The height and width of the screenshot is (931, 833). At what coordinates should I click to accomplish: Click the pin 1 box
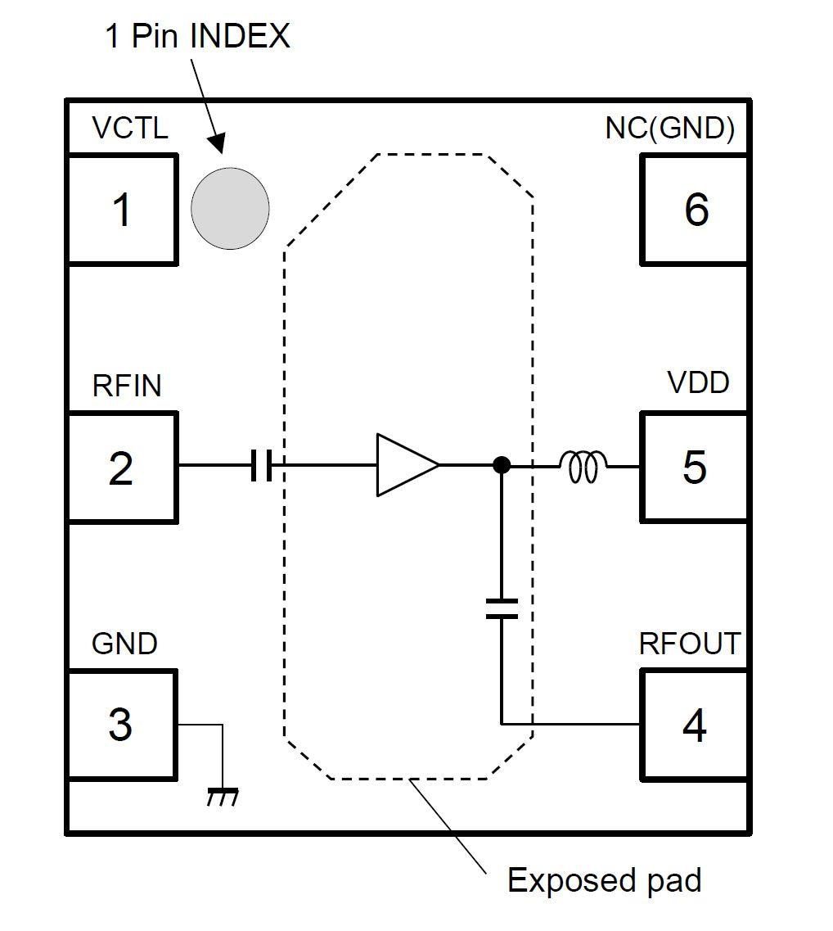point(121,210)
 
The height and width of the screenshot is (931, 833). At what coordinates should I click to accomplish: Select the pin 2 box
point(121,468)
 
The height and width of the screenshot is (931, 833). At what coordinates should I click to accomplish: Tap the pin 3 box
point(121,725)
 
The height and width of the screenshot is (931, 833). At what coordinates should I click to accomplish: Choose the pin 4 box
point(694,725)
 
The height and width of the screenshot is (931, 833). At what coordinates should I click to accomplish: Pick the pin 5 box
point(694,468)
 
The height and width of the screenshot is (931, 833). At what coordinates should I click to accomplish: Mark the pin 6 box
point(694,210)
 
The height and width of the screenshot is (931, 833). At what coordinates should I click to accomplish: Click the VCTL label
point(130,129)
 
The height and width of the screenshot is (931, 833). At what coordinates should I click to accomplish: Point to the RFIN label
point(127,386)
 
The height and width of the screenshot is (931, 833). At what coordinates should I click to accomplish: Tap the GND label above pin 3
point(124,644)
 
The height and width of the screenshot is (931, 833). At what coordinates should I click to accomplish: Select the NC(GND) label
point(670,129)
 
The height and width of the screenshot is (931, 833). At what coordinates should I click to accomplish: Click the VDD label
point(698,382)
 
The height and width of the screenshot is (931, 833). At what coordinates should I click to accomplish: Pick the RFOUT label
point(689,644)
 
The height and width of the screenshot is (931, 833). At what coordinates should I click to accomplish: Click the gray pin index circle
point(230,208)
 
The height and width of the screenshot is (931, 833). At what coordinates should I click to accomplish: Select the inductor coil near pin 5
point(583,467)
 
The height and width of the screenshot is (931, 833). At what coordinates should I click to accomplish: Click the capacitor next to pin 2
point(261,466)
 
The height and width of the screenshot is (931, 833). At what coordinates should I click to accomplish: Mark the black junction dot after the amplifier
point(502,465)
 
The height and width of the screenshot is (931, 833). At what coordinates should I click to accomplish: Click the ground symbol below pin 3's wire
point(222,795)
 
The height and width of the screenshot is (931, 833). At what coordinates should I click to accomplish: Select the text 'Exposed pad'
point(604,881)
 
